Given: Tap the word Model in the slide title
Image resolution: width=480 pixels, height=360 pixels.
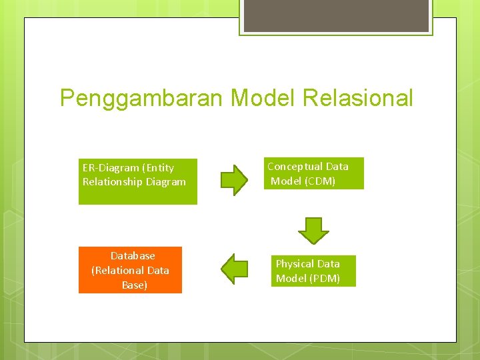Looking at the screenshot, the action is click(263, 98).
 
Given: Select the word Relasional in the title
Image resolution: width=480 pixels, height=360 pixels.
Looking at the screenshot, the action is click(358, 98).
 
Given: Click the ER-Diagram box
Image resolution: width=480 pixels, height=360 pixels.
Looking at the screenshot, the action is click(138, 181).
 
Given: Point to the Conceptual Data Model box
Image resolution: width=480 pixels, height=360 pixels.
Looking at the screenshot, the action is click(313, 173).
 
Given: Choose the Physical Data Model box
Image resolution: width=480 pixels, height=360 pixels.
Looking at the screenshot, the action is click(313, 271).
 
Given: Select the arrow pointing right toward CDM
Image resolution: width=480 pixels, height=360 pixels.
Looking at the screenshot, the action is click(234, 179).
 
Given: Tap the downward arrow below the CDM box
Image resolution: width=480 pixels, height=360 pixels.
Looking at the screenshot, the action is click(313, 230).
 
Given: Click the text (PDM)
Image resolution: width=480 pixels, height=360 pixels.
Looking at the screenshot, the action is click(325, 278).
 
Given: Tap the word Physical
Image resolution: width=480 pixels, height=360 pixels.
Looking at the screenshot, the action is click(297, 264).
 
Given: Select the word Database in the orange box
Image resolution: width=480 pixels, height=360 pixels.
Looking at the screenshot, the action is click(133, 256).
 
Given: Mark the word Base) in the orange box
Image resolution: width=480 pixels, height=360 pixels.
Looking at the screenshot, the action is click(135, 285).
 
